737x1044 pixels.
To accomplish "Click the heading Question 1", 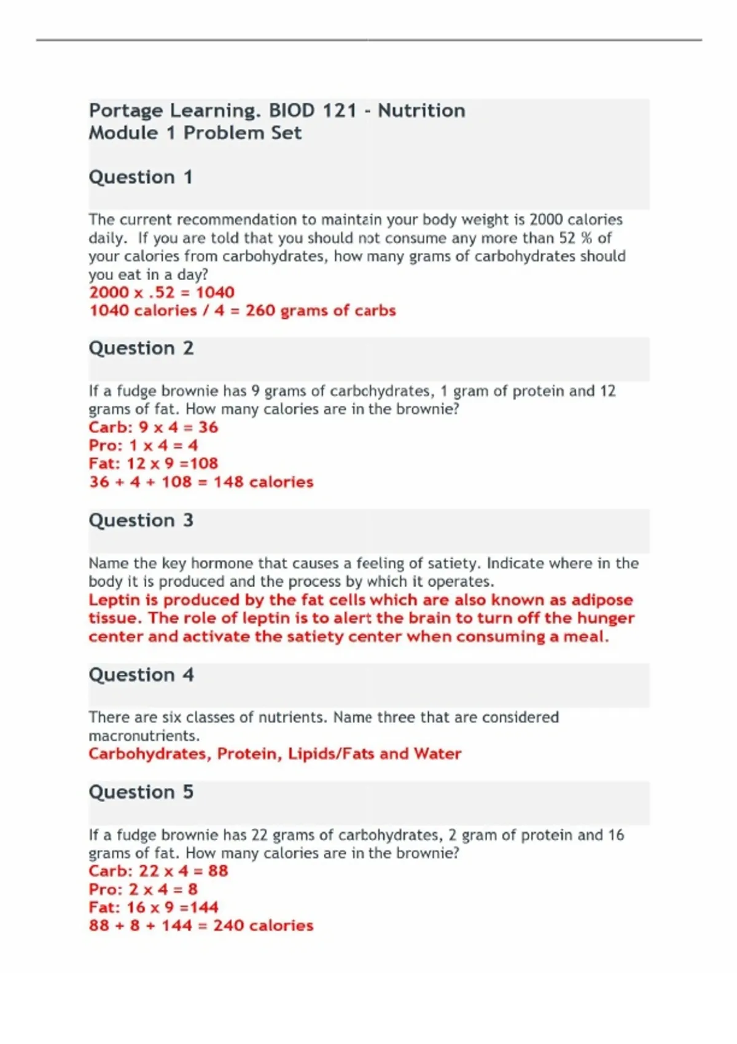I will click(141, 177).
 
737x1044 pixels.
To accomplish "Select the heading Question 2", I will click(141, 348).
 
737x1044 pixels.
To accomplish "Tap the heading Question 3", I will click(141, 521).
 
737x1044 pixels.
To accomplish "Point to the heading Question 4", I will click(141, 675).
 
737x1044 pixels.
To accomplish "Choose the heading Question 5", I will click(141, 792).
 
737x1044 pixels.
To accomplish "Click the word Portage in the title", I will click(126, 111).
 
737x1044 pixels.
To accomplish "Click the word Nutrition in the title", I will click(421, 111).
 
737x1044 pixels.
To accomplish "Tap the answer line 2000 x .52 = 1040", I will click(162, 292).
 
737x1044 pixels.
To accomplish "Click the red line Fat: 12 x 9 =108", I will click(153, 464).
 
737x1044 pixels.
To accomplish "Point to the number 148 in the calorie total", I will click(228, 482).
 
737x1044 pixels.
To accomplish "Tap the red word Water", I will click(437, 754).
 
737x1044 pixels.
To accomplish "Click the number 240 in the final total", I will click(228, 925).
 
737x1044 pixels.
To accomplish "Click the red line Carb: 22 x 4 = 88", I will click(158, 871).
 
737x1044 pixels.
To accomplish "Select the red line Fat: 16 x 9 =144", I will click(153, 908).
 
